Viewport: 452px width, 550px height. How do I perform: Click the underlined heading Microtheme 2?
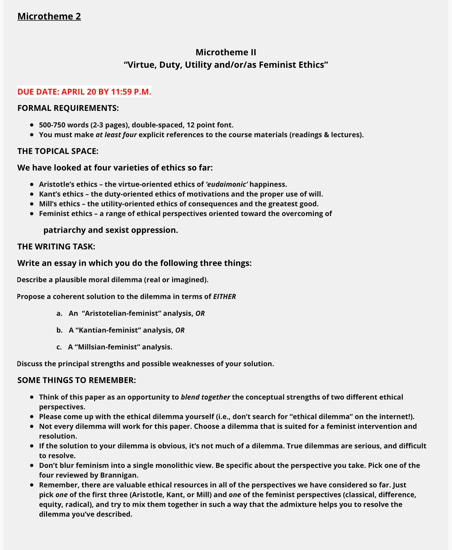pos(49,16)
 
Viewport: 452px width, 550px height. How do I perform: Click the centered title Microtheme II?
pos(226,52)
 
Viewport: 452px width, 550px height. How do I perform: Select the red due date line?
pos(84,92)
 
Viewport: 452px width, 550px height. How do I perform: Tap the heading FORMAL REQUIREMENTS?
pos(68,108)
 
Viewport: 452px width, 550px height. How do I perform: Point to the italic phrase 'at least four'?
pos(116,134)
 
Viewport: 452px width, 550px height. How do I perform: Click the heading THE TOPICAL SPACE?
pos(58,151)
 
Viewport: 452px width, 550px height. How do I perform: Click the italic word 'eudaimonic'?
pos(227,184)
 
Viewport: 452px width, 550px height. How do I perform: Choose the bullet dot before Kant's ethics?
pos(32,194)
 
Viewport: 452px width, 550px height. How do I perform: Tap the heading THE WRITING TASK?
pos(56,246)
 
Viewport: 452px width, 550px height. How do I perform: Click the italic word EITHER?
pos(224,296)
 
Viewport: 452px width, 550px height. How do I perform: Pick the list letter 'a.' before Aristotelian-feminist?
pos(59,313)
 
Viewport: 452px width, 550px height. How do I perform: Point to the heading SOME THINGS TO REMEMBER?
pos(76,380)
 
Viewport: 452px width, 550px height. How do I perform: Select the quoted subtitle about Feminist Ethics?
pos(226,65)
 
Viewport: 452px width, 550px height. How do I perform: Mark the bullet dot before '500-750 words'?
pos(32,125)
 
